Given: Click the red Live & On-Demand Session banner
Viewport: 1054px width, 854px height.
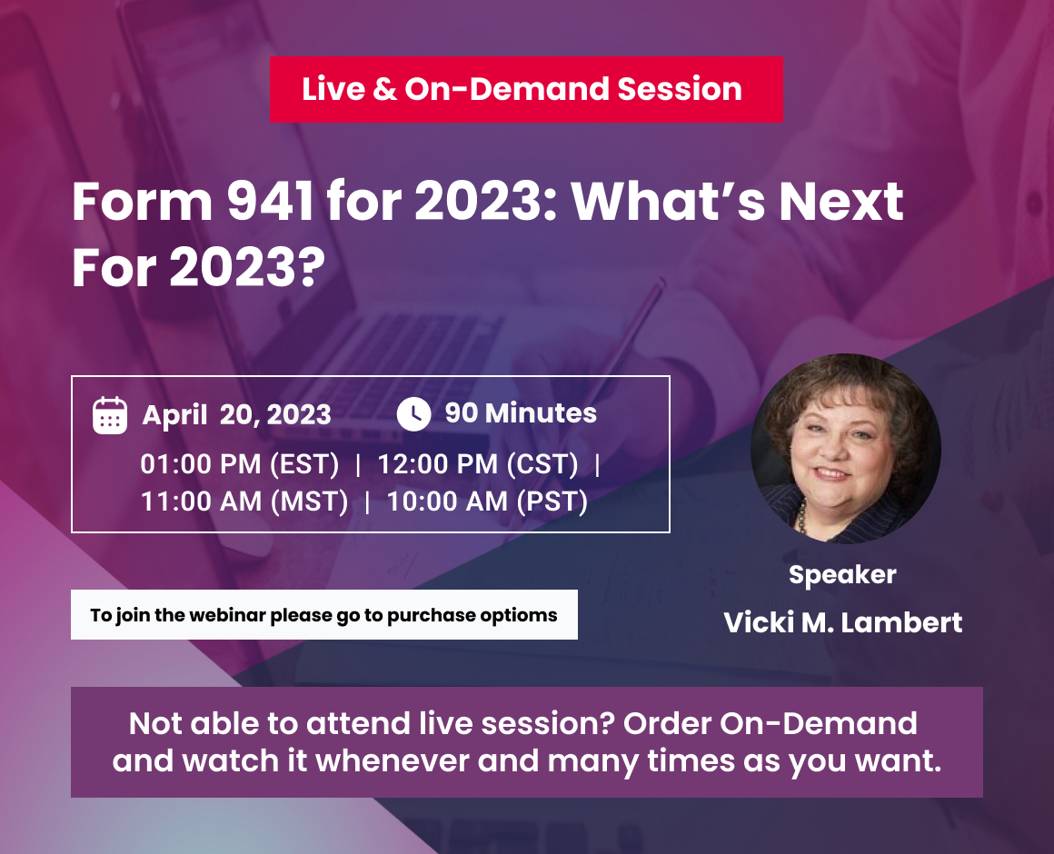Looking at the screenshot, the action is tap(526, 89).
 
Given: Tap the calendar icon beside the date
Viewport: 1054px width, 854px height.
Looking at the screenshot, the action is tap(110, 415).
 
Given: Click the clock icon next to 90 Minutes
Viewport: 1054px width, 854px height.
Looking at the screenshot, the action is tap(413, 414).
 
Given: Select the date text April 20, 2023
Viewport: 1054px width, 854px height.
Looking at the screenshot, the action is tap(236, 415).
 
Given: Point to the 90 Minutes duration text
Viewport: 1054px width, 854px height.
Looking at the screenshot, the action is tap(521, 413).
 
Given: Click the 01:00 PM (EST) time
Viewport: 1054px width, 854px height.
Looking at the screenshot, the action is tap(239, 464).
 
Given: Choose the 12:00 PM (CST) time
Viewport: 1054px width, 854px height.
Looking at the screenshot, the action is tap(478, 464).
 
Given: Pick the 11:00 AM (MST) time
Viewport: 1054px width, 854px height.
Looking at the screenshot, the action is tap(244, 501).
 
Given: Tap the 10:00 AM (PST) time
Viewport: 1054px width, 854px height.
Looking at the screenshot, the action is tap(487, 501).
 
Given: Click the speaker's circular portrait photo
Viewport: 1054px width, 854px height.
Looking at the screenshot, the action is tap(846, 449).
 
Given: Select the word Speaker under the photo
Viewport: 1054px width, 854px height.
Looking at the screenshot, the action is tap(842, 575).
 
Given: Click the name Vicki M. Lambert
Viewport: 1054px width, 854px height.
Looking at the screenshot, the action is tap(843, 622).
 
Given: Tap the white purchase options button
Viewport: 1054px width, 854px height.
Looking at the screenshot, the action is tap(324, 615).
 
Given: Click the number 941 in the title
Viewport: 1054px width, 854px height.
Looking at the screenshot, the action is tap(270, 202).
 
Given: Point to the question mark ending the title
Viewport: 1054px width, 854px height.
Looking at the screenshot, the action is tap(313, 268).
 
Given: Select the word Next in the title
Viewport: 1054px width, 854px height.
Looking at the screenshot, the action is tap(840, 202).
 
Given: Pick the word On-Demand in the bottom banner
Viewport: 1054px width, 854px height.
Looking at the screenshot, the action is tap(819, 724).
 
